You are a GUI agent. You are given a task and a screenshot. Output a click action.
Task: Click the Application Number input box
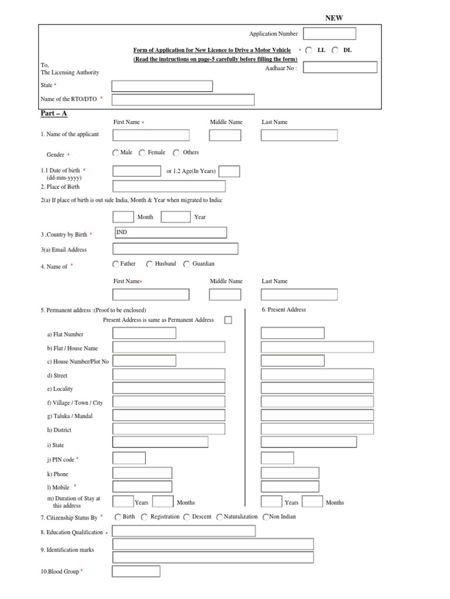pyautogui.click(x=337, y=34)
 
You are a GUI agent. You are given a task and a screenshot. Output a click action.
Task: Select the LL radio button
pyautogui.click(x=309, y=50)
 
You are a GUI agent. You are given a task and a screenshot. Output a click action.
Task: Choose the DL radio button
pyautogui.click(x=335, y=50)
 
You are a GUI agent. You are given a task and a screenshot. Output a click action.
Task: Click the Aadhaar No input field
pyautogui.click(x=340, y=67)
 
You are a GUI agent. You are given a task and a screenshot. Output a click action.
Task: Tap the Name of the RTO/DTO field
pyautogui.click(x=183, y=99)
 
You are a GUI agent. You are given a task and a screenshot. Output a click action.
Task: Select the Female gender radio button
pyautogui.click(x=142, y=153)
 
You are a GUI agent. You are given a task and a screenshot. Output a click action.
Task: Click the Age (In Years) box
pyautogui.click(x=229, y=171)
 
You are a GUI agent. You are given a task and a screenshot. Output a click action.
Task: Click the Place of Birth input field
pyautogui.click(x=169, y=187)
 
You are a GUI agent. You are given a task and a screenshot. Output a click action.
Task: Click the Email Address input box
pyautogui.click(x=175, y=249)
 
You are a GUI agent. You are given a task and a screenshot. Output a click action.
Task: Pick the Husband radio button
pyautogui.click(x=149, y=264)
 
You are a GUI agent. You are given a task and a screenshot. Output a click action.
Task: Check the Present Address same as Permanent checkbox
pyautogui.click(x=228, y=320)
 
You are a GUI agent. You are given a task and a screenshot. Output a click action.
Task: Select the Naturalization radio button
pyautogui.click(x=220, y=517)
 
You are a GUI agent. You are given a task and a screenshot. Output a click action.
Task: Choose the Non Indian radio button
pyautogui.click(x=266, y=517)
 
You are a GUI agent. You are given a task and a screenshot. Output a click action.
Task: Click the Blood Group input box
pyautogui.click(x=136, y=571)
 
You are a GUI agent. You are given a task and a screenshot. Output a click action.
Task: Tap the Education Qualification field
pyautogui.click(x=183, y=531)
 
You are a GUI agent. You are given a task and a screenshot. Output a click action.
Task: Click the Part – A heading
pyautogui.click(x=53, y=113)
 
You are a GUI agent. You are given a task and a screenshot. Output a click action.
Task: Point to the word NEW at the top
pyautogui.click(x=334, y=18)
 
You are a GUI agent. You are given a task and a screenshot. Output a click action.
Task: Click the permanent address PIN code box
pyautogui.click(x=129, y=458)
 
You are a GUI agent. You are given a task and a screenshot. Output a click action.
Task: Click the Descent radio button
pyautogui.click(x=186, y=517)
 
